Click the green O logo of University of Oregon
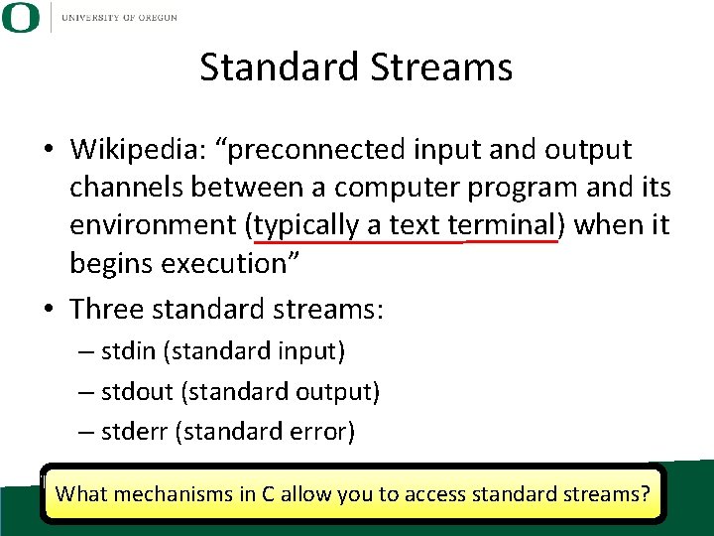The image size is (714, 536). [20, 17]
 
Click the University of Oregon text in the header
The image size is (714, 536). [119, 17]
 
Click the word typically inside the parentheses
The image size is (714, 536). [307, 225]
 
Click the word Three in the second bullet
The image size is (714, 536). [108, 309]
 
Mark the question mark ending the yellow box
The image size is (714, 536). [646, 493]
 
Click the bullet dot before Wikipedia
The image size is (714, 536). [48, 151]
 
